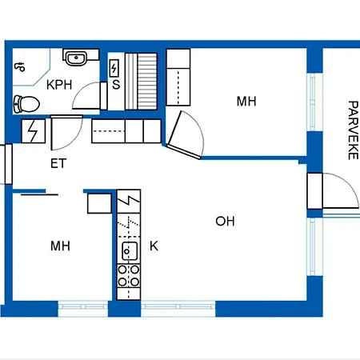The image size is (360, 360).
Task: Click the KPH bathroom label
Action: pos(59,85)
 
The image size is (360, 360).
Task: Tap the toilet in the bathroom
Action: pos(26,104)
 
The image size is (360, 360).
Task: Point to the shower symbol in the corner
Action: pos(20,66)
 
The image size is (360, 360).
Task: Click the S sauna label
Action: pos(116,85)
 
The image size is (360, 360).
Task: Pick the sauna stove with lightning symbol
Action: pos(114,68)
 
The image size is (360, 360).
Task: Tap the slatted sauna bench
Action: pos(141,82)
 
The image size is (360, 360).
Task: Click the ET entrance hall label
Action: pos(58,163)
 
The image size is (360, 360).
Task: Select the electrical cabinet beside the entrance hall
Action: pos(34,131)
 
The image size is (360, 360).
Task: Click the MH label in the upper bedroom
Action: pos(246,102)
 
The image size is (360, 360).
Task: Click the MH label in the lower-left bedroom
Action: pos(60,246)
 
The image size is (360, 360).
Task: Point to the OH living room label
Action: pos(225,222)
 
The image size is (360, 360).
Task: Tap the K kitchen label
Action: pos(154,246)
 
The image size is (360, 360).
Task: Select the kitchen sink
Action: pos(130,251)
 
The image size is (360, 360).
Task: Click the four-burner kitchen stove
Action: pos(129,276)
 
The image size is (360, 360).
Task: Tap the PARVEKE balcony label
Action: pos(353,130)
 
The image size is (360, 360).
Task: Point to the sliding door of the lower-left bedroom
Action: pos(39,194)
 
